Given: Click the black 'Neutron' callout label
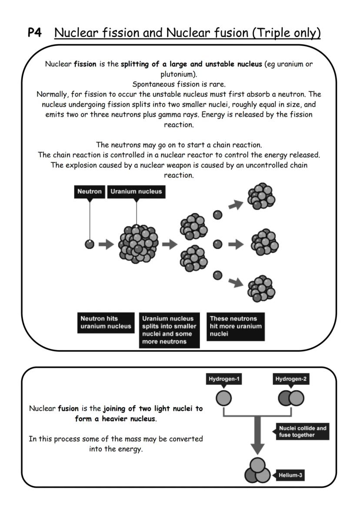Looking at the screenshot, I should (x=90, y=192).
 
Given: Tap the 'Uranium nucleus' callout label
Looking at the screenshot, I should (x=136, y=192).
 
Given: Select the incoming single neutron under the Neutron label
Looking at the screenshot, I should (x=89, y=244).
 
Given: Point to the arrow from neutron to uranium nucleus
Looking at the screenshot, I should (x=106, y=244).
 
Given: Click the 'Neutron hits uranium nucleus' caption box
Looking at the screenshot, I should (x=105, y=323).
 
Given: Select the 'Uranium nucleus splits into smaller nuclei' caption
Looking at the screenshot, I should (x=169, y=330).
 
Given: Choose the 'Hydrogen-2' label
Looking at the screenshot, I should (x=291, y=379).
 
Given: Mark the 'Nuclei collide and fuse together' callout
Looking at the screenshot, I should (x=303, y=431).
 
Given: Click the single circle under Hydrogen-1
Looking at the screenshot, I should (x=223, y=398).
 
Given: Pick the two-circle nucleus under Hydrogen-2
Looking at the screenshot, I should (x=291, y=398).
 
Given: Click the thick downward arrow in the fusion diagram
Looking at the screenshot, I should (x=257, y=435).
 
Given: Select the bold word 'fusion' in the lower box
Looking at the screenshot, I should (x=68, y=409).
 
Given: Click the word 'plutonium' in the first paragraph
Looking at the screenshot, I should (x=179, y=73).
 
